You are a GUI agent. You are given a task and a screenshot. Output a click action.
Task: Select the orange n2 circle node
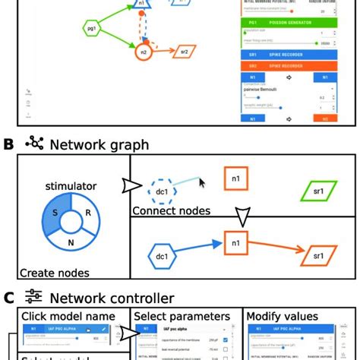pyautogui.click(x=143, y=52)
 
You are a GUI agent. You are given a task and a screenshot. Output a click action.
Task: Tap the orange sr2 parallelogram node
pyautogui.click(x=182, y=52)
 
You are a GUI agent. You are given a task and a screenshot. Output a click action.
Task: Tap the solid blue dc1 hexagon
pyautogui.click(x=162, y=257)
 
